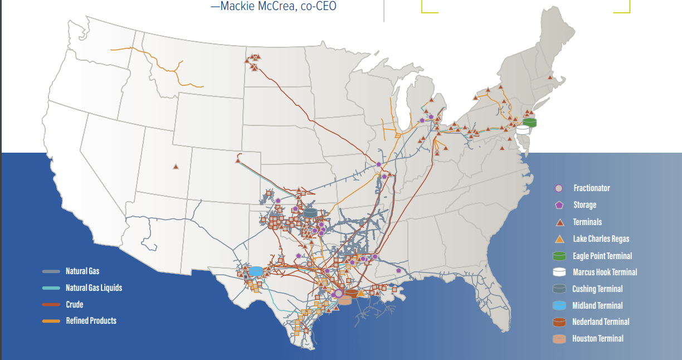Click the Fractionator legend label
pos(592,188)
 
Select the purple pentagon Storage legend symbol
pos(559,205)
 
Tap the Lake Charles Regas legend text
pos(601,239)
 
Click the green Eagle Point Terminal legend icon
pos(559,256)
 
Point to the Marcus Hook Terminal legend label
pos(605,273)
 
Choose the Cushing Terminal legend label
pos(597,289)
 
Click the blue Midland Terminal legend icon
pos(559,305)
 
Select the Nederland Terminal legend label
pos(601,322)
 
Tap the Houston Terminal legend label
pos(598,339)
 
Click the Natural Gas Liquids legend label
pos(94,288)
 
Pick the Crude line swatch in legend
pos(51,305)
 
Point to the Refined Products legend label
pos(91,321)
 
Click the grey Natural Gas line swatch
pos(51,271)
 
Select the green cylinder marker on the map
pos(529,121)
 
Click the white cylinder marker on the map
pos(523,129)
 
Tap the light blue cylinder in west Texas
pos(256,271)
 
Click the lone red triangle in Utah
pos(176,166)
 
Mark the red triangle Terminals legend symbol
pos(559,222)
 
